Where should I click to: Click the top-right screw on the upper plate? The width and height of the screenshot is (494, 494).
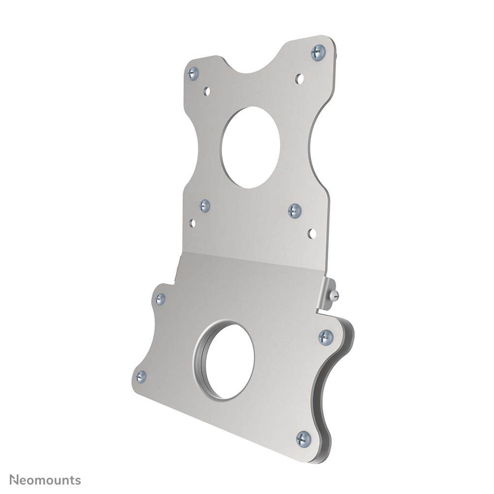318,52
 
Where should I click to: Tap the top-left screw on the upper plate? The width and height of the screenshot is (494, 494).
193,74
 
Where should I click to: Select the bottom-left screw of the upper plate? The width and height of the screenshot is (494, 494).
205,206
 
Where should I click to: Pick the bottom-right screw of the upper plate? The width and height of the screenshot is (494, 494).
294,211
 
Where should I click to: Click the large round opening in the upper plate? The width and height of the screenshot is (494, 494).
250,148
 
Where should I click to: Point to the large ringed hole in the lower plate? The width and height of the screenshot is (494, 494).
228,361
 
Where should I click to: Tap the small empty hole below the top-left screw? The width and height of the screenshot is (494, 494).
207,91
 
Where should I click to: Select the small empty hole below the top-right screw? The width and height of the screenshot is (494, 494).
299,78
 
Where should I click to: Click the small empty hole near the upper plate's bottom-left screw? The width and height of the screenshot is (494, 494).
192,223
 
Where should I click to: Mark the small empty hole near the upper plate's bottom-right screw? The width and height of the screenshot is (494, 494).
311,233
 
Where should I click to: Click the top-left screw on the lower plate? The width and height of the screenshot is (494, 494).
160,299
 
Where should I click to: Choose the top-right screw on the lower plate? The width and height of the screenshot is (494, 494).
325,337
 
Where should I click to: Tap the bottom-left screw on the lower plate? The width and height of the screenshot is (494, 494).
141,377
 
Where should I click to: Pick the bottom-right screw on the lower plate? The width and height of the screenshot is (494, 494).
303,438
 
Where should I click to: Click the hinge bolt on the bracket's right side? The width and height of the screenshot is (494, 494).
334,295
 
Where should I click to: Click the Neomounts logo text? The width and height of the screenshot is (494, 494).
45,479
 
